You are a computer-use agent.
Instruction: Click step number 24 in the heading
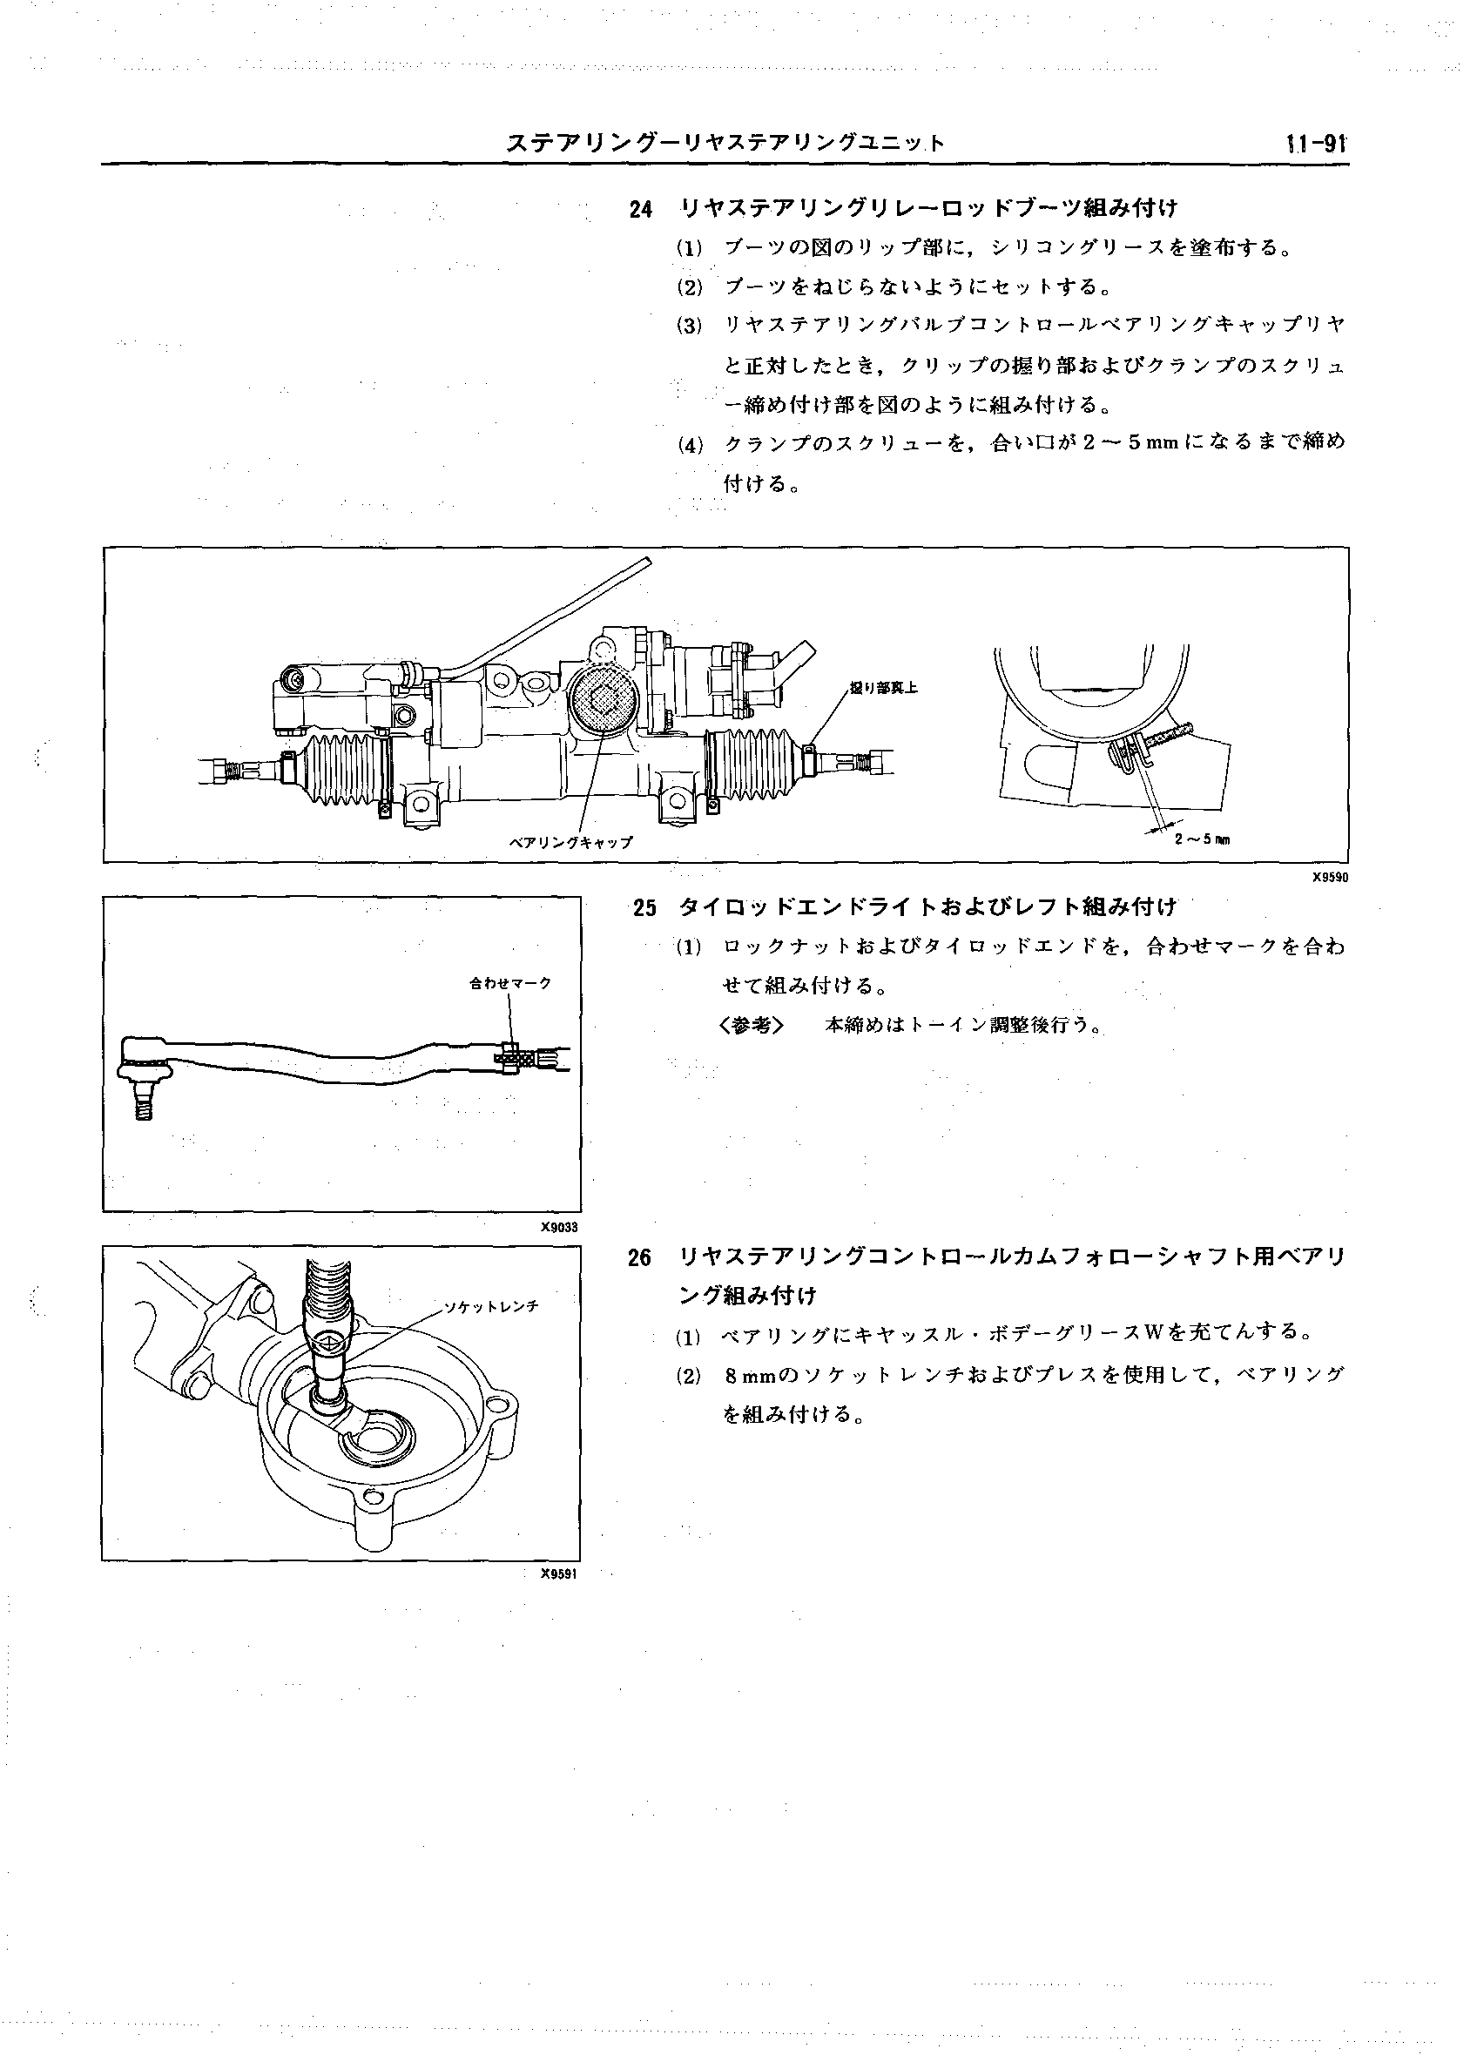pos(641,210)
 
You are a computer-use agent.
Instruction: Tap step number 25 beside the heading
pos(644,908)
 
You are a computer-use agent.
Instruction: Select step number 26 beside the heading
pos(640,1258)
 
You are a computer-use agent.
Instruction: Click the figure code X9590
pos(1329,877)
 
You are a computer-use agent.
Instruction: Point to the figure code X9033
pos(559,1228)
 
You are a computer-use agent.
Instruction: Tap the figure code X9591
pos(559,1573)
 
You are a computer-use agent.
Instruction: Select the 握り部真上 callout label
pos(883,688)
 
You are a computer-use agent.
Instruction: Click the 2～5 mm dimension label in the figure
pos(1202,839)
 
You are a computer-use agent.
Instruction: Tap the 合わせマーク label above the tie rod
pos(510,982)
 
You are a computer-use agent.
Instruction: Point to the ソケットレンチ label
pos(491,1306)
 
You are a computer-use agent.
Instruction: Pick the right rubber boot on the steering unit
pos(752,764)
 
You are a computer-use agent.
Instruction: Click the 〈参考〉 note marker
pos(752,1026)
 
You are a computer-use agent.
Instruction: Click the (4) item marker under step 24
pos(690,445)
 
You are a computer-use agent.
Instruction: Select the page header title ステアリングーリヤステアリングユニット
pos(725,143)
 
